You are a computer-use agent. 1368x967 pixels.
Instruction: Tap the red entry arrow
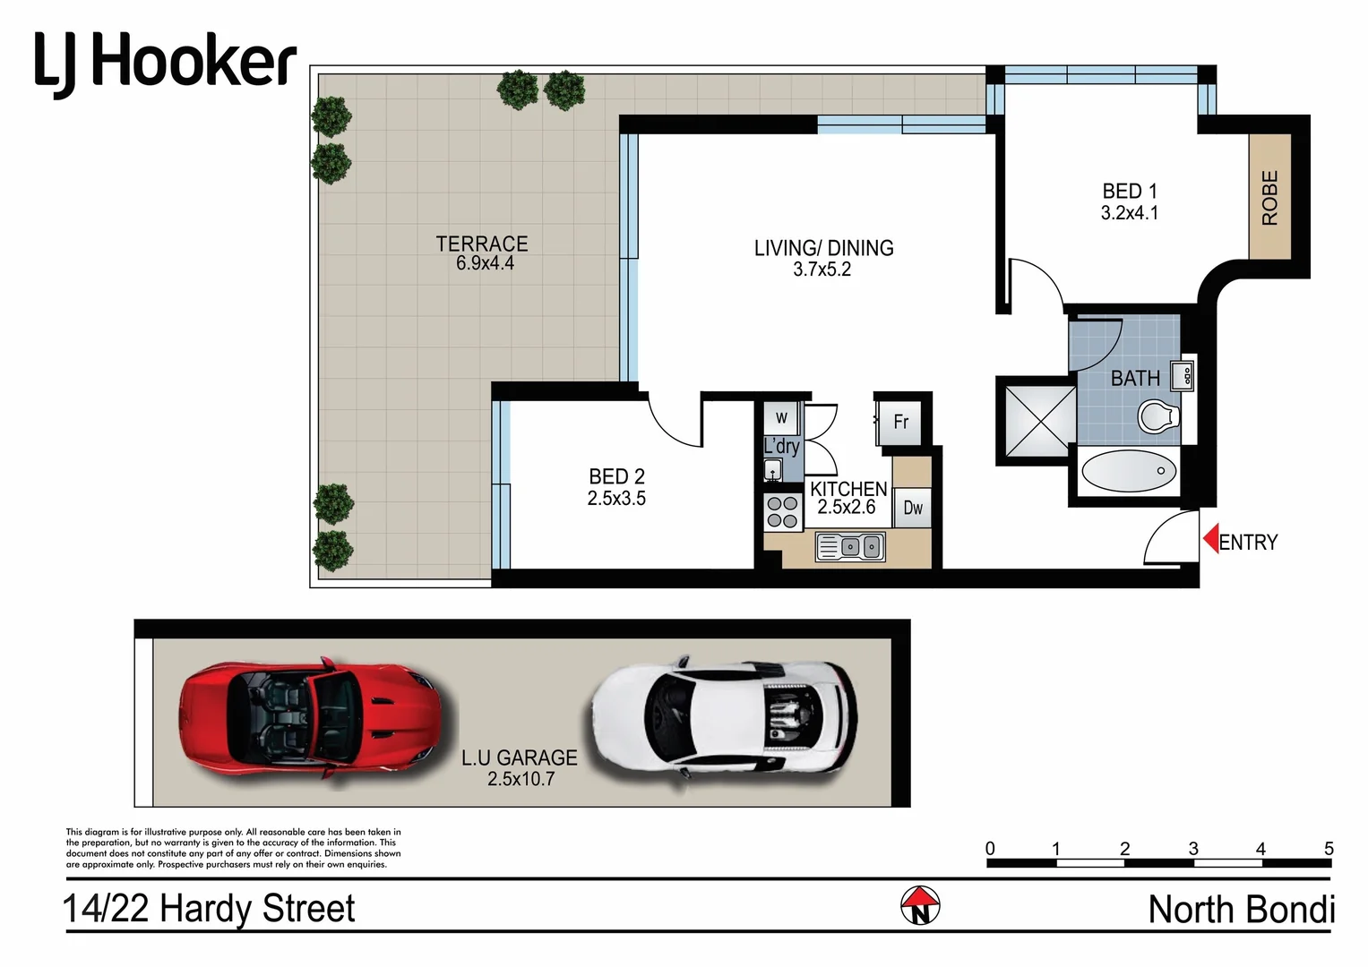[1210, 540]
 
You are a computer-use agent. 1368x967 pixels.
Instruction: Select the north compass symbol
[920, 906]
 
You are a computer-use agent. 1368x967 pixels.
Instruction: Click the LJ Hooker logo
[166, 63]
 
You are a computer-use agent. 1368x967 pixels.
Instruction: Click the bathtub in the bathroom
[1129, 472]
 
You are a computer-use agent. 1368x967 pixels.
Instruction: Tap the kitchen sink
[850, 546]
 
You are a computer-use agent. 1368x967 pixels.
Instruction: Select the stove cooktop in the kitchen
[782, 512]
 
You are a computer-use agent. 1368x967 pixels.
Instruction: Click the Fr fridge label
[901, 422]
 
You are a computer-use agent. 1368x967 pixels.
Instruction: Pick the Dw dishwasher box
[913, 508]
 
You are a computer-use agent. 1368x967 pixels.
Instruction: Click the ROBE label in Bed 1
[1269, 197]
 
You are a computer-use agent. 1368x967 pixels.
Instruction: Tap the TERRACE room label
[482, 244]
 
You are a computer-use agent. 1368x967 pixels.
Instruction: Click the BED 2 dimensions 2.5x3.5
[616, 499]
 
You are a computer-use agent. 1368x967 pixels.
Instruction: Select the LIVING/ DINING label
[823, 248]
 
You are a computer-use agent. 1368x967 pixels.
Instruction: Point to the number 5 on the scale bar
[1329, 848]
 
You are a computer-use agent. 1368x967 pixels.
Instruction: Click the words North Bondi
[1241, 910]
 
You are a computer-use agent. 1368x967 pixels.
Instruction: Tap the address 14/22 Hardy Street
[209, 909]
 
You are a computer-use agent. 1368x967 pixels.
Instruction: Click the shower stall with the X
[1037, 422]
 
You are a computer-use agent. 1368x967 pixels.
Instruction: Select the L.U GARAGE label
[520, 757]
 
